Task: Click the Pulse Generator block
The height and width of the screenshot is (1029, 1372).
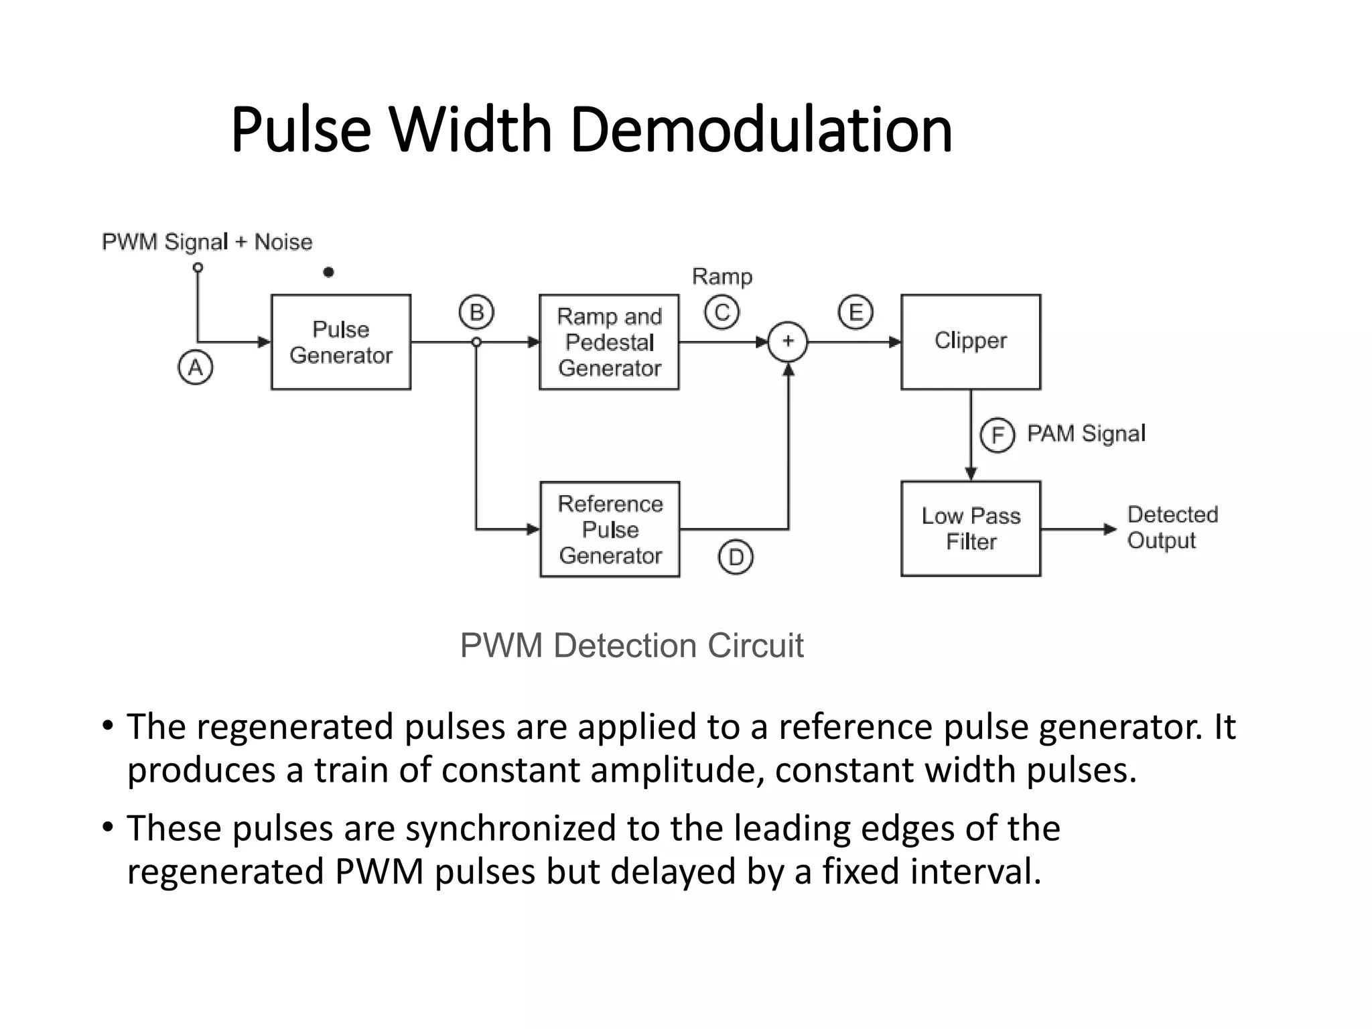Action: coord(340,342)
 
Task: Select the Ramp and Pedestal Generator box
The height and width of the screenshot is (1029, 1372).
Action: coord(609,342)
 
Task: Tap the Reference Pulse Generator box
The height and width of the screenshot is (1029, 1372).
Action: coord(610,529)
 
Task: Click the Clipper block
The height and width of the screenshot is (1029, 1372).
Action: coord(971,342)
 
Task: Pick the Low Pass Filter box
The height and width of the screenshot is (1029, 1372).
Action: coord(971,529)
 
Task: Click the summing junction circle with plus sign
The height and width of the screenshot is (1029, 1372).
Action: coord(788,342)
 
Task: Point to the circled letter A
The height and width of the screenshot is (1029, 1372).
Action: coord(196,367)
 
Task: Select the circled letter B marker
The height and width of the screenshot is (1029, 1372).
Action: coord(476,312)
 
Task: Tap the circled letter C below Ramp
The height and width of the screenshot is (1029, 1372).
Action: coord(722,312)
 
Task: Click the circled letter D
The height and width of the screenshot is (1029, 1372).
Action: coord(736,557)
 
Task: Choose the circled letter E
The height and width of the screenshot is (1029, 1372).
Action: coord(855,312)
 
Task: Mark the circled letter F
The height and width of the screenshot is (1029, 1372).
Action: coord(998,435)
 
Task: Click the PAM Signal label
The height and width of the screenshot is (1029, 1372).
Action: coord(1086,433)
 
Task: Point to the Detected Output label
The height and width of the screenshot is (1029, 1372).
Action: coord(1172,528)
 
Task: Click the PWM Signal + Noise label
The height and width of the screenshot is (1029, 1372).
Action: coord(207,242)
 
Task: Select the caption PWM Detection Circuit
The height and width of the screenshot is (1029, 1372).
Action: coord(631,646)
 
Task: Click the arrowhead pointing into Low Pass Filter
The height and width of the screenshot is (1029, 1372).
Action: coord(971,474)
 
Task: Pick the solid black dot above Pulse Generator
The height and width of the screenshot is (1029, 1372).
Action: coord(328,272)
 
